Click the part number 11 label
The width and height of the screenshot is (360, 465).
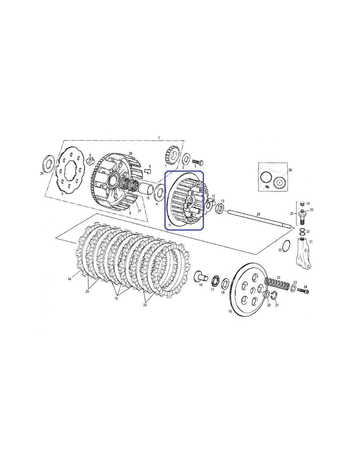(170, 225)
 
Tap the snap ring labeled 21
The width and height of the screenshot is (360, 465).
(275, 296)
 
